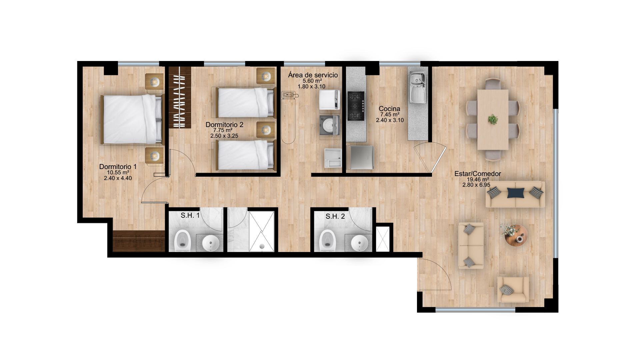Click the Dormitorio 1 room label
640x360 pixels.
click(118, 167)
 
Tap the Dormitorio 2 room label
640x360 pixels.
click(224, 125)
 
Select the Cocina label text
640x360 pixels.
click(389, 109)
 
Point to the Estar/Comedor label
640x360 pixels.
click(478, 174)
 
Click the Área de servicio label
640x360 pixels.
click(313, 75)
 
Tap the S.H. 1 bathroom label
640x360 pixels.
click(190, 216)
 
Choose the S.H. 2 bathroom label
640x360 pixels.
click(335, 217)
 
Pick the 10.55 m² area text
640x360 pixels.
click(118, 173)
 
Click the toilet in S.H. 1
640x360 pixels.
click(182, 240)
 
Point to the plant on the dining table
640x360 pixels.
click(493, 119)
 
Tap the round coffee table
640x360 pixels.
click(516, 235)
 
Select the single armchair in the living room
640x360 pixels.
click(513, 289)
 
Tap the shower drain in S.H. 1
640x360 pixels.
click(262, 246)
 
